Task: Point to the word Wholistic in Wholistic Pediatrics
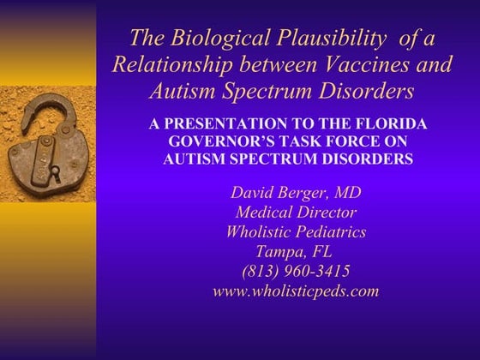point(259,232)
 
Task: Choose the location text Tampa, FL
point(294,252)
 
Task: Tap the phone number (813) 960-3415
point(294,272)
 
